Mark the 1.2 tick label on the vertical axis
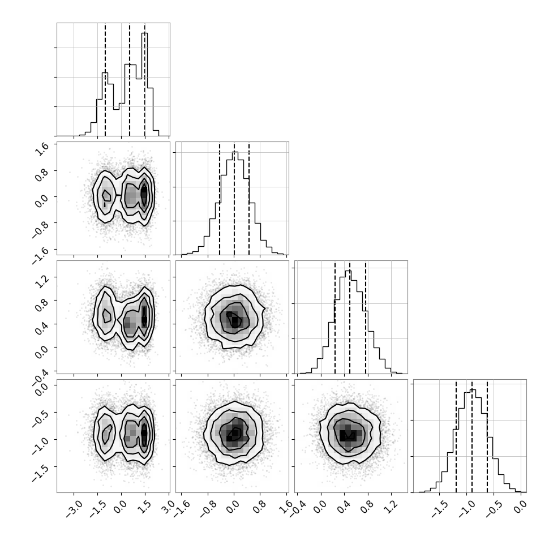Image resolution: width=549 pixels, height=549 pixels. (x=42, y=280)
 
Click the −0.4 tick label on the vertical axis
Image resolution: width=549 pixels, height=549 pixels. (x=39, y=374)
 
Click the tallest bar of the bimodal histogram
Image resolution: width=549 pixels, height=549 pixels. (x=144, y=84)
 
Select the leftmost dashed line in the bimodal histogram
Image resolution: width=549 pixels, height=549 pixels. (x=105, y=79)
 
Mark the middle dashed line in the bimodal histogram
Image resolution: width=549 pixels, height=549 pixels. (x=130, y=79)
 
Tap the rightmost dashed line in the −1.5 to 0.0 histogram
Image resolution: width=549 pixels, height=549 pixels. (x=487, y=436)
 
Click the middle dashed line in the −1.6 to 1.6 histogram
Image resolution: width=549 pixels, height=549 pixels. (x=234, y=198)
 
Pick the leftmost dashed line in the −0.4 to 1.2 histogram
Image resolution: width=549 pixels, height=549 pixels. (x=335, y=317)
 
